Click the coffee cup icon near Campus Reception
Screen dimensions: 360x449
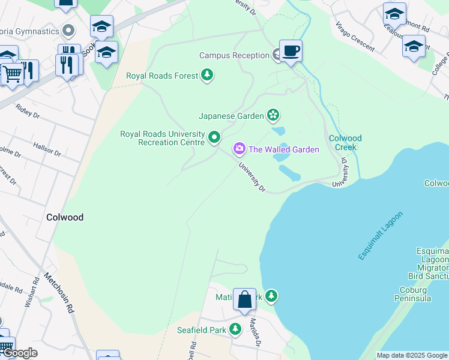point(291,51)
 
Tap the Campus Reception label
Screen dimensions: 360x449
point(234,56)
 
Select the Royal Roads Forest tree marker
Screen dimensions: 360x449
point(207,76)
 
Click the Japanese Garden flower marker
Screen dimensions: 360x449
point(273,115)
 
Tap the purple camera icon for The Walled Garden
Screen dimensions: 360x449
point(240,148)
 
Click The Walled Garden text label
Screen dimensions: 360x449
point(284,149)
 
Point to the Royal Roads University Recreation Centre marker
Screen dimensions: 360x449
point(214,139)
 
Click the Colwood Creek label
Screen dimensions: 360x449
point(345,143)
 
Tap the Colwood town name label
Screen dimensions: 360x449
point(65,217)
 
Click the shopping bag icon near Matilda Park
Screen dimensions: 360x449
point(245,299)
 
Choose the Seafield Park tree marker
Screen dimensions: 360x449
point(235,329)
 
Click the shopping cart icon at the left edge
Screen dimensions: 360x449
point(11,74)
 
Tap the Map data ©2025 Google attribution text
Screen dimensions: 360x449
point(412,355)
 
